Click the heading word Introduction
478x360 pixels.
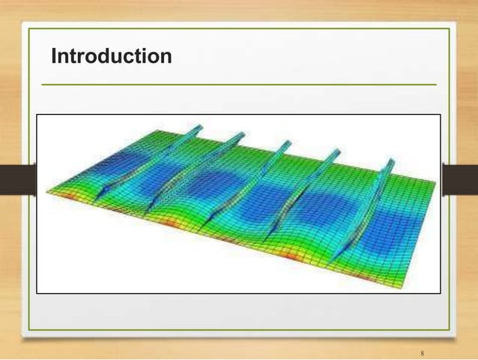(112, 56)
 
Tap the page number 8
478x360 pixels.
(423, 353)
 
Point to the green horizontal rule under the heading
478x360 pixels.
(239, 85)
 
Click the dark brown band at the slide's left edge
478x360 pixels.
(18, 179)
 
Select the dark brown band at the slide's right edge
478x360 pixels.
(460, 179)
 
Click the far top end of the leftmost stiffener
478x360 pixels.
(199, 126)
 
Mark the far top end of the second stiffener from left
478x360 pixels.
(241, 134)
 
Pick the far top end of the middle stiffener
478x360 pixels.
(287, 142)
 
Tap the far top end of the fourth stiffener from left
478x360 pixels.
(336, 151)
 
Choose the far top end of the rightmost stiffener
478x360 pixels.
(390, 160)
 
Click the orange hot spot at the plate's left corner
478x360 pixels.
(65, 195)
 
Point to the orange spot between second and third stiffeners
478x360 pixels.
(171, 223)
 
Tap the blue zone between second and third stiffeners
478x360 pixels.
(211, 183)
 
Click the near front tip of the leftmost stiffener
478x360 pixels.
(94, 202)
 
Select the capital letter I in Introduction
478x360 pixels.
(54, 56)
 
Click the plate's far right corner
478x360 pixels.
(435, 182)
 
